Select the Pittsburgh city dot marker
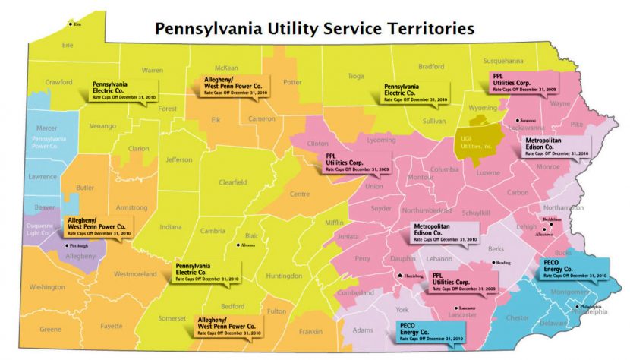(x=66, y=246)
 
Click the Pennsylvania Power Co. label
(x=49, y=142)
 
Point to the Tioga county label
(x=356, y=76)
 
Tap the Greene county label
(x=50, y=329)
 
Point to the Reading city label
(x=504, y=263)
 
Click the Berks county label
(x=496, y=248)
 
